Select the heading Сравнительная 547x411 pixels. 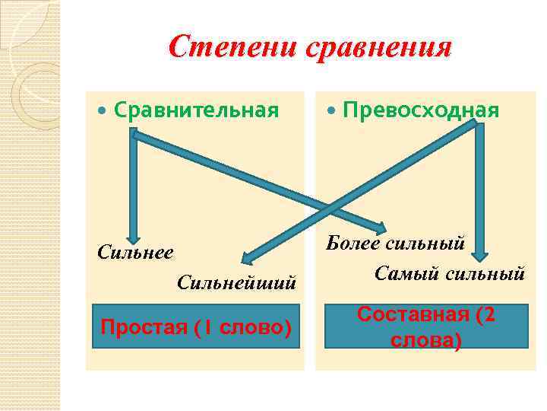click(x=196, y=110)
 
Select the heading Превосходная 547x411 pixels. click(x=421, y=110)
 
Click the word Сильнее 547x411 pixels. click(x=135, y=252)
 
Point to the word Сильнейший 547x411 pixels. click(x=236, y=282)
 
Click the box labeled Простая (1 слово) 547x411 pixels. click(x=196, y=327)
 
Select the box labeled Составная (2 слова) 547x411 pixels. click(x=425, y=327)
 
